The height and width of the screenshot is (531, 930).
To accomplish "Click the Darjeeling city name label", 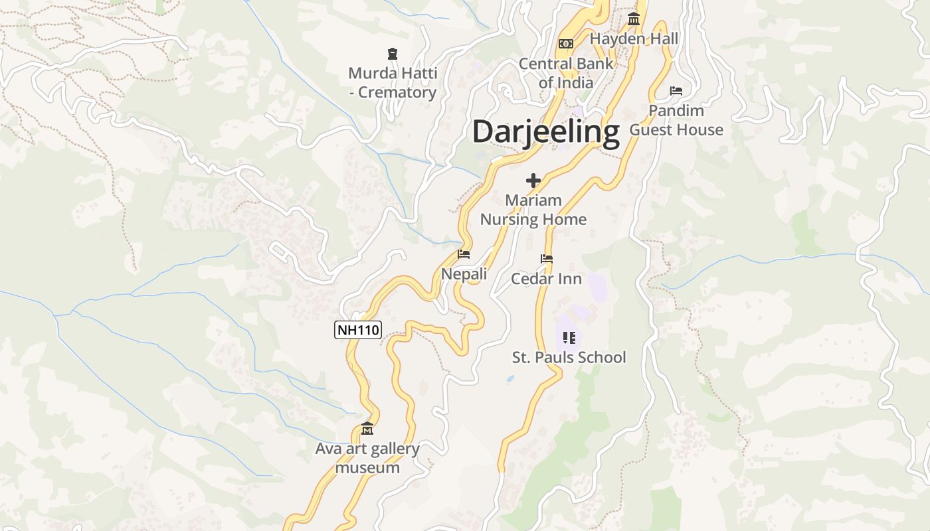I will (545, 132).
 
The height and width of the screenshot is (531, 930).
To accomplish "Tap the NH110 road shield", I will (358, 329).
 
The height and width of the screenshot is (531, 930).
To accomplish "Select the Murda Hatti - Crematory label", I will (393, 83).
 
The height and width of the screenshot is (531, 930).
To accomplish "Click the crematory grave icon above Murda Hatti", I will (393, 53).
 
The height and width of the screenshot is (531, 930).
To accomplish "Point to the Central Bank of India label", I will (566, 73).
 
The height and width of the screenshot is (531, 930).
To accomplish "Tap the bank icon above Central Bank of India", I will (566, 43).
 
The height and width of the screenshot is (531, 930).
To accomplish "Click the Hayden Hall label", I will (634, 38).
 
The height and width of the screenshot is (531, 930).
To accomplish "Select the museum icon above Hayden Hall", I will (634, 19).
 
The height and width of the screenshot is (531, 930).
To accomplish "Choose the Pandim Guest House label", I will (676, 120).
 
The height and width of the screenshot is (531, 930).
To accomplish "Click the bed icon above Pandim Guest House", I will (676, 90).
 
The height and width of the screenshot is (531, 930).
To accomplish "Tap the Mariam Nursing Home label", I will (533, 210).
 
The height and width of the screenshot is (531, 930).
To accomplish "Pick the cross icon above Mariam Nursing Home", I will (533, 180).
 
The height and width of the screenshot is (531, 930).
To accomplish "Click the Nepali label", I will (464, 273).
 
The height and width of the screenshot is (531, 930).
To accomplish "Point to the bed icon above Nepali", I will (464, 254).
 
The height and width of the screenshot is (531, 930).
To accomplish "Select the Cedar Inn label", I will (546, 279).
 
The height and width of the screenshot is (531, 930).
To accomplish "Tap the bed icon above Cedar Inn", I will (547, 259).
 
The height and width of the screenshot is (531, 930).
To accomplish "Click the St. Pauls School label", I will (569, 357).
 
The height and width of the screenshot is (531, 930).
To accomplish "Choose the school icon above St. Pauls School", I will (569, 337).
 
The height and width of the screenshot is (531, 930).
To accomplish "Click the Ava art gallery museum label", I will (367, 458).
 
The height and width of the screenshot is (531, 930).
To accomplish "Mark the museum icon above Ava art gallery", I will (367, 429).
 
